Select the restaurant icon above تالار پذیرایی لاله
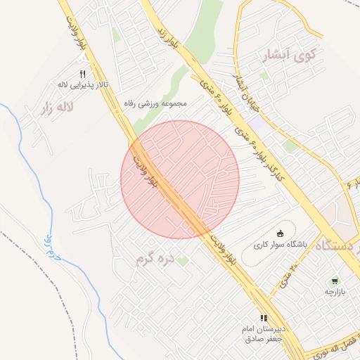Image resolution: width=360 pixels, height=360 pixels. click(83, 74)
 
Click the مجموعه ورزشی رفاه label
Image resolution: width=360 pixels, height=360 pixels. click(155, 103)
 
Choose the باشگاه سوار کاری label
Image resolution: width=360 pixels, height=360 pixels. click(281, 247)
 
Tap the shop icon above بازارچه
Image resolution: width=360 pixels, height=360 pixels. click(335, 280)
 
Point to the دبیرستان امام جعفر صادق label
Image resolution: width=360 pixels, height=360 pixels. click(262, 333)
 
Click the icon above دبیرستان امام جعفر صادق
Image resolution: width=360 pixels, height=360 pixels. click(264, 318)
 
